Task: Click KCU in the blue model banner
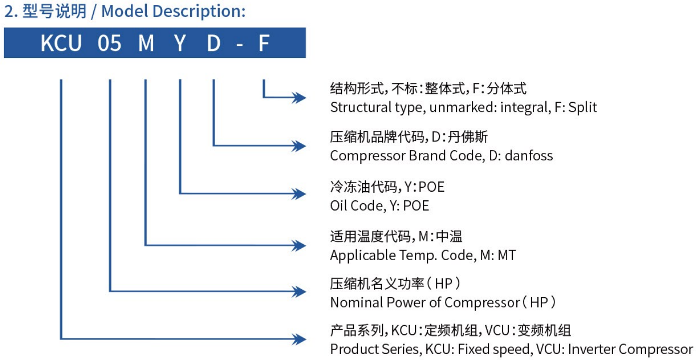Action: click(61, 43)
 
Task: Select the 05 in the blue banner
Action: click(109, 43)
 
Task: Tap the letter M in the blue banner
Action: click(146, 43)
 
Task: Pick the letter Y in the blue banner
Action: click(180, 43)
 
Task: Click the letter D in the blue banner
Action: click(214, 43)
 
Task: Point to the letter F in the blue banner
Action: click(264, 43)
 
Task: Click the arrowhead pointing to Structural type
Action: click(299, 97)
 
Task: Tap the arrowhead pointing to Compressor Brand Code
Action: click(299, 146)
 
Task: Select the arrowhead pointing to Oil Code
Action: click(299, 194)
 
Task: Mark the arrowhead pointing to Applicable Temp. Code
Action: click(299, 246)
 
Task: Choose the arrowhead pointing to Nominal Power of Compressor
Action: click(299, 292)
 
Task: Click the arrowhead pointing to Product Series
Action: click(299, 339)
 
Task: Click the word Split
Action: click(583, 108)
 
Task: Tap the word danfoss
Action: click(529, 155)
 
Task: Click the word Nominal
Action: click(356, 302)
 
